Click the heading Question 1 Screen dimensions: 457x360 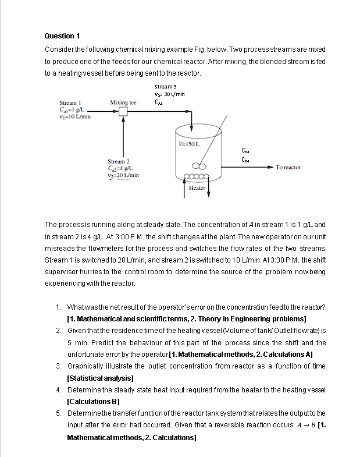pos(59,36)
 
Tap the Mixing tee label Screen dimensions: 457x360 pos(123,102)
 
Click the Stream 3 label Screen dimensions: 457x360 pos(165,87)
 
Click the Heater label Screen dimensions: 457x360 pos(197,188)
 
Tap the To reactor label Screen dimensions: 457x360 pos(288,168)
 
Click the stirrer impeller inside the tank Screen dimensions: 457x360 pos(197,165)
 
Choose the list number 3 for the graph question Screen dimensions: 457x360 pos(59,366)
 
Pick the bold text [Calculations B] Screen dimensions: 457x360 pos(95,402)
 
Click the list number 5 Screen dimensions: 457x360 pos(59,413)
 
